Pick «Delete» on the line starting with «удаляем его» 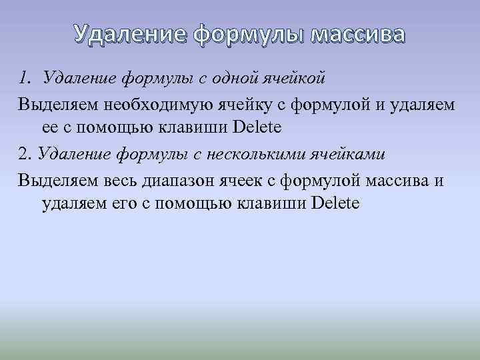point(335,203)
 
